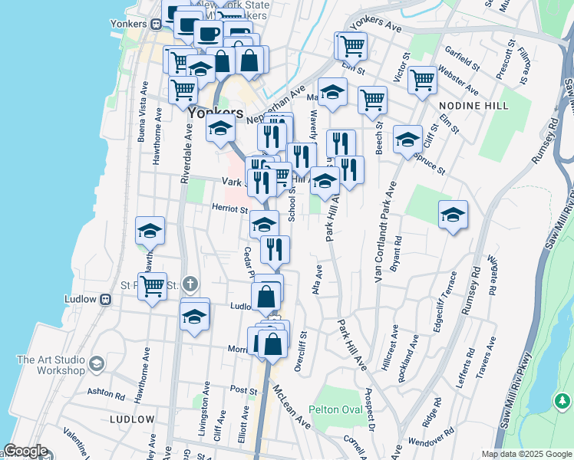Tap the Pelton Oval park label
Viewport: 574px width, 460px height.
click(x=336, y=409)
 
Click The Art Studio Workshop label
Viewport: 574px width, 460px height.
click(x=51, y=365)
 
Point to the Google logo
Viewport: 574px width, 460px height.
click(x=25, y=451)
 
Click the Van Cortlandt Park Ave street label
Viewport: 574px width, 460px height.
click(x=386, y=232)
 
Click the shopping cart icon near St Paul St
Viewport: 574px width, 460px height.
click(x=153, y=286)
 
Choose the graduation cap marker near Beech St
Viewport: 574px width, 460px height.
click(x=407, y=139)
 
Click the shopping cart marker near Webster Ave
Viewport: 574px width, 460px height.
click(x=422, y=80)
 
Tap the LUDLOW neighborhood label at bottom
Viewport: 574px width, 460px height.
click(x=132, y=419)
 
